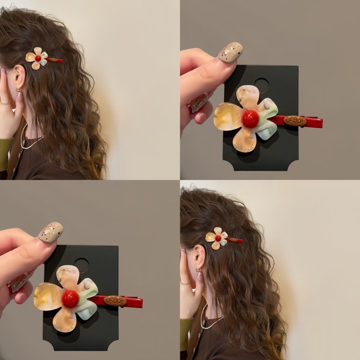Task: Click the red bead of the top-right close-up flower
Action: pyautogui.click(x=250, y=118)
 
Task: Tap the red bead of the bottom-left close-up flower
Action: pyautogui.click(x=70, y=299)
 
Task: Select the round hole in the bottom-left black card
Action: pyautogui.click(x=82, y=265)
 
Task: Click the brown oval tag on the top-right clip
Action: pyautogui.click(x=295, y=121)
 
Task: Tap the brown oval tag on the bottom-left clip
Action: pyautogui.click(x=115, y=301)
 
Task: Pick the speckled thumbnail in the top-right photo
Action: pyautogui.click(x=230, y=52)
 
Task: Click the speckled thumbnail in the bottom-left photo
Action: pyautogui.click(x=50, y=232)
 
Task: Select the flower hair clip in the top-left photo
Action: pyautogui.click(x=39, y=58)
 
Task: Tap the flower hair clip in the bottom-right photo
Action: pyautogui.click(x=219, y=238)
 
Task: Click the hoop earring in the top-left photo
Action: pyautogui.click(x=19, y=91)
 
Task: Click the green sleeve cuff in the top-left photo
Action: pyautogui.click(x=4, y=151)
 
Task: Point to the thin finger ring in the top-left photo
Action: pyautogui.click(x=4, y=103)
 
